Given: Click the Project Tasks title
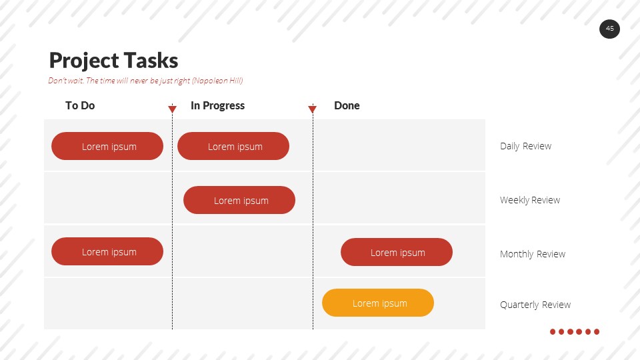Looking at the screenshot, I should click(x=113, y=61).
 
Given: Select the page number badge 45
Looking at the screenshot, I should click(x=609, y=29).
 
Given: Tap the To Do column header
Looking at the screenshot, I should click(x=80, y=105).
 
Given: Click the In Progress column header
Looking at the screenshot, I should click(x=217, y=105).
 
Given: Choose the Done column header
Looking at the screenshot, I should click(x=347, y=105).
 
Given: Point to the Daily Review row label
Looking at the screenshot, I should click(x=525, y=146).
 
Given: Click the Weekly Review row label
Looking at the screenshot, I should click(x=529, y=200).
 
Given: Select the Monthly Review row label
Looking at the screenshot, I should click(x=532, y=254).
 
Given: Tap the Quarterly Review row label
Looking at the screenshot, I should click(x=535, y=305).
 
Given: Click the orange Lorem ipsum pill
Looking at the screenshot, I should click(x=378, y=303).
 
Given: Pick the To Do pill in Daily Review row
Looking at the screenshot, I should click(x=107, y=146).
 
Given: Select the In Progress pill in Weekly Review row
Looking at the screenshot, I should click(x=239, y=200).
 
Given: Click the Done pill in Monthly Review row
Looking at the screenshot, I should click(x=397, y=252).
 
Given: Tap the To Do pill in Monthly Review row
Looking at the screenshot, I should click(x=107, y=251).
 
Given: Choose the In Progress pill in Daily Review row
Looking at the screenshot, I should click(x=233, y=146).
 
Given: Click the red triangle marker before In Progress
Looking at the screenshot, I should click(x=172, y=109).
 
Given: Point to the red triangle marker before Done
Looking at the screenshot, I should click(x=312, y=109).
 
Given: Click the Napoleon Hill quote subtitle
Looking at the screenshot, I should click(x=145, y=81).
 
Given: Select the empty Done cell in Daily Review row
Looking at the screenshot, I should click(x=399, y=145).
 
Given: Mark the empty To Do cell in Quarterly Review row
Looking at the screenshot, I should click(x=107, y=304).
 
